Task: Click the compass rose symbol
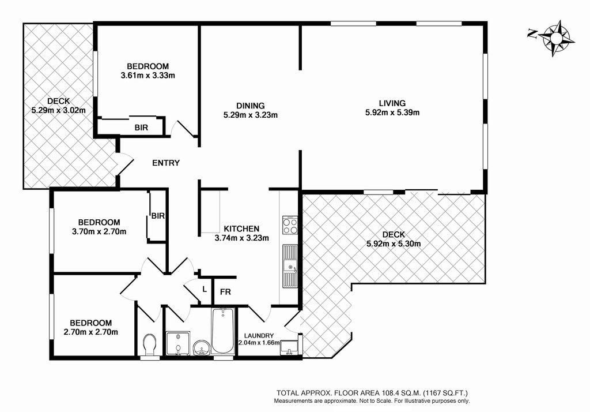(x=556, y=38)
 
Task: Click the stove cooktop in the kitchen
(x=290, y=226)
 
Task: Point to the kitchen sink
(x=290, y=266)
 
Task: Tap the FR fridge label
(x=225, y=292)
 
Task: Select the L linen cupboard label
(x=205, y=289)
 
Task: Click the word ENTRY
(x=166, y=163)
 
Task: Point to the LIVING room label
(x=392, y=103)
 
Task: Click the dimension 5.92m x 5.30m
(x=394, y=244)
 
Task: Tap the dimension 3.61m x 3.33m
(x=148, y=76)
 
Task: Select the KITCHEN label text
(x=241, y=229)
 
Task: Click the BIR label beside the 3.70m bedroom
(x=158, y=216)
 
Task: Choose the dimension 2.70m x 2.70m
(x=91, y=332)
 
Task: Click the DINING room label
(x=251, y=106)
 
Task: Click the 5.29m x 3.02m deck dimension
(x=58, y=110)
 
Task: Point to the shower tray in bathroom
(x=178, y=343)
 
